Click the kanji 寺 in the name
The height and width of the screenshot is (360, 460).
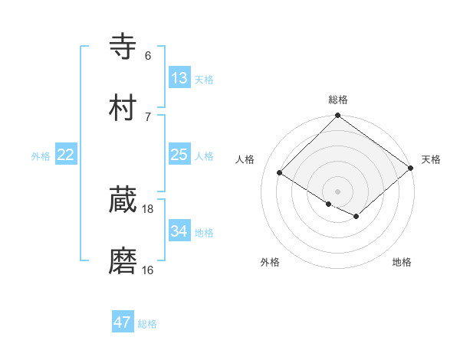coord(123,47)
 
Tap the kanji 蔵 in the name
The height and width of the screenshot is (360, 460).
coord(123,200)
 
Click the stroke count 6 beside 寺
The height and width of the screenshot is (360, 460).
coord(148,55)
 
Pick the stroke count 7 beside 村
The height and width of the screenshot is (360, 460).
coord(148,116)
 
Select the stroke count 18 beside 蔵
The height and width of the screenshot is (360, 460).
coord(148,208)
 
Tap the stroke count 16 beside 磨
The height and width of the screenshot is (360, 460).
coord(148,270)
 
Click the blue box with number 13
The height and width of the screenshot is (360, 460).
coord(179,78)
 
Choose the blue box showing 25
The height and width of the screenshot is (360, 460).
coord(179,155)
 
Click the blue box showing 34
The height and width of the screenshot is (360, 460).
coord(179,231)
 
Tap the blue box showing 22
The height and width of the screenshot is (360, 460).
coord(66,155)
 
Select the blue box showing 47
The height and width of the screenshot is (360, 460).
coord(123,322)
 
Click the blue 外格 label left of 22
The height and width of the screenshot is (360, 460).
coord(41,156)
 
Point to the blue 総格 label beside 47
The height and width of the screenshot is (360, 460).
coord(148,324)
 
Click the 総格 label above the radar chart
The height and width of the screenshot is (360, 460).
coord(338,100)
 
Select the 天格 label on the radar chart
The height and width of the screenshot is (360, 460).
coord(431,159)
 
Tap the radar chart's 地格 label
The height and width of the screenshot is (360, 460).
coord(402,263)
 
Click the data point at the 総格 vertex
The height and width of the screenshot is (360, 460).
coord(338,116)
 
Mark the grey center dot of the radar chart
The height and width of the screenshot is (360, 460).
coord(338,191)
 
